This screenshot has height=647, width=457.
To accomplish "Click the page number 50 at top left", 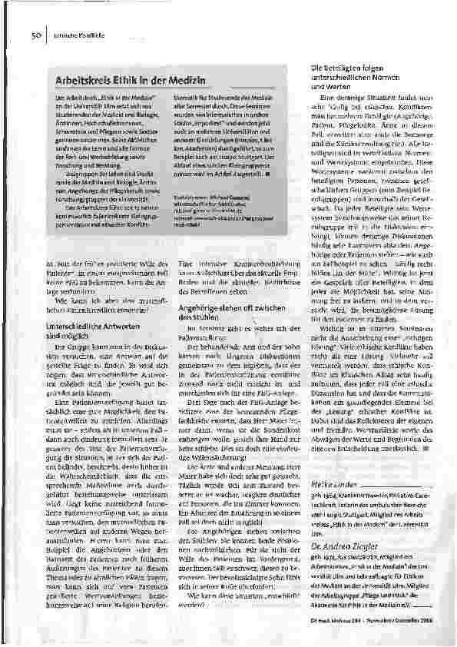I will [x=35, y=35].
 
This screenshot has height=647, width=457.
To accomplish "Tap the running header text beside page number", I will [x=70, y=35].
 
